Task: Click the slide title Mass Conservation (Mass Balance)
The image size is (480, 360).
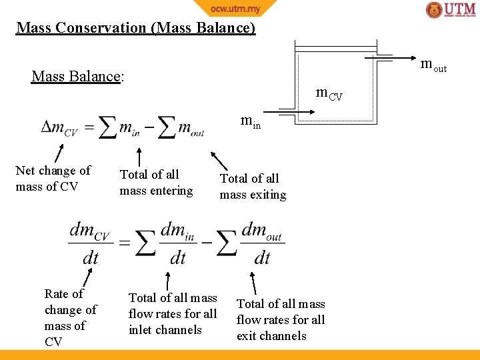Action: click(x=135, y=28)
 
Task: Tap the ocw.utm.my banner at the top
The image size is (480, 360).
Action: click(x=235, y=9)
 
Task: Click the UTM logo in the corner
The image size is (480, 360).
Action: click(x=451, y=10)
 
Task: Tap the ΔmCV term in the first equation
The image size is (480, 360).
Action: click(x=59, y=127)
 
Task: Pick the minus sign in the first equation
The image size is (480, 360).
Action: click(x=149, y=127)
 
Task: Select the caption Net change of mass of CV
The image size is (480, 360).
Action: click(x=53, y=179)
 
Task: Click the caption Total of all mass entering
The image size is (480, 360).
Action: click(x=156, y=183)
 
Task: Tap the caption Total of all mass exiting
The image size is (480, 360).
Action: click(x=253, y=187)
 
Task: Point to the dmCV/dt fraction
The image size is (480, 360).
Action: click(x=91, y=243)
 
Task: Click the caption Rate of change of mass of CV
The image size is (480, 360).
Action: click(x=70, y=317)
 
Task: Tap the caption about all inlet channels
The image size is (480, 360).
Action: click(x=173, y=313)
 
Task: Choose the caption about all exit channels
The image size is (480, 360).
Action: click(x=281, y=319)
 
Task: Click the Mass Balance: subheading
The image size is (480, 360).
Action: click(x=77, y=76)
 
